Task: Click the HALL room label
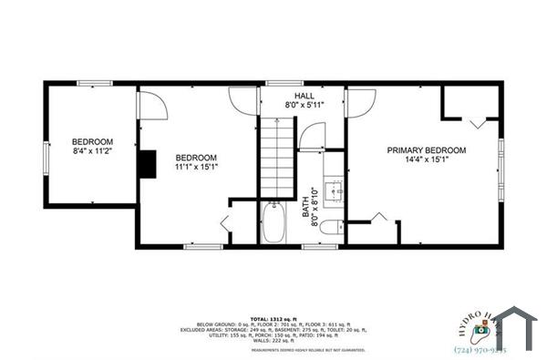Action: [x=304, y=96]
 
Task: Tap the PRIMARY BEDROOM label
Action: [x=427, y=150]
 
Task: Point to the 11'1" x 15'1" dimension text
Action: [x=196, y=168]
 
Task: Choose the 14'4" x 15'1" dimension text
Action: [x=427, y=161]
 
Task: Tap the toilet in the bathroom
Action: [x=331, y=229]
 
